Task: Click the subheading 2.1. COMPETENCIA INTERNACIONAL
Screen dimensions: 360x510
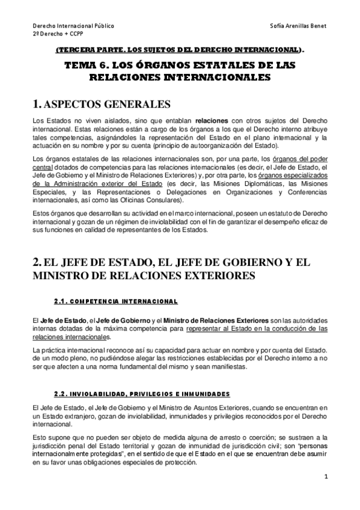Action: coord(116,301)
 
